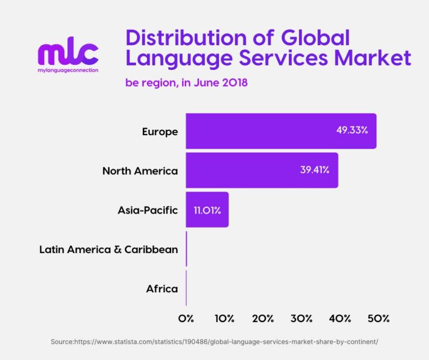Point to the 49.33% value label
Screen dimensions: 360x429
tap(352, 130)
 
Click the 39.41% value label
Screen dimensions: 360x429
tap(314, 169)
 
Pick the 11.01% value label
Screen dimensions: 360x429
tap(207, 211)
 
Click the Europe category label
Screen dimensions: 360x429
tap(160, 132)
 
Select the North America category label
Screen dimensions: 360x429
tap(140, 171)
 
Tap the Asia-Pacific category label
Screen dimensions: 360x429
tap(147, 210)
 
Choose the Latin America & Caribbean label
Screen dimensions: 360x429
tap(108, 249)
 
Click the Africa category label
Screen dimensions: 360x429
tap(162, 288)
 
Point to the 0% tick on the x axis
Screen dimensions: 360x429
tap(186, 319)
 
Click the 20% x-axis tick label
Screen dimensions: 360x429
tap(263, 319)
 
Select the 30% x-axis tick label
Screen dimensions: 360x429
tap(302, 319)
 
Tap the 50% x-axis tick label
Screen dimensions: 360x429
tap(379, 319)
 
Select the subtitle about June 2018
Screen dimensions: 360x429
tap(187, 83)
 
